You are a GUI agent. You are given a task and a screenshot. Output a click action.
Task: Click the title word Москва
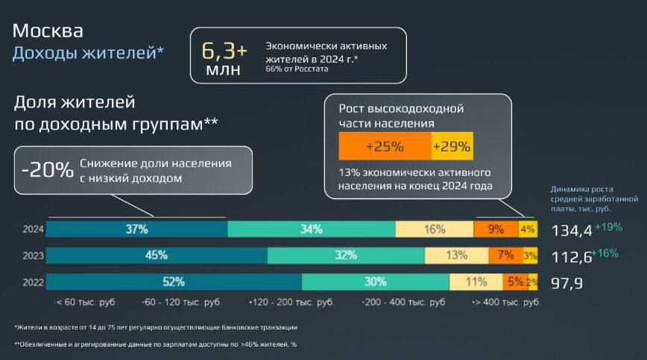(48, 31)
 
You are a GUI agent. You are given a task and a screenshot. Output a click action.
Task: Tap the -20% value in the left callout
(47, 168)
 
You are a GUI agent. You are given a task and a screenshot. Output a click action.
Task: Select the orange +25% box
(385, 145)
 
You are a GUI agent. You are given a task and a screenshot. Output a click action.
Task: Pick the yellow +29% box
(452, 145)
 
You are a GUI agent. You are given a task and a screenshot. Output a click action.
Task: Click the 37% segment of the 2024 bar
(136, 230)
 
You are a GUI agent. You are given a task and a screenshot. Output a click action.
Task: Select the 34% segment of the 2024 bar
(311, 230)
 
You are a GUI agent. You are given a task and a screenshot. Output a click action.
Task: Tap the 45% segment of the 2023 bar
(157, 255)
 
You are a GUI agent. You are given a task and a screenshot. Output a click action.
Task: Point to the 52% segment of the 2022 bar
(174, 282)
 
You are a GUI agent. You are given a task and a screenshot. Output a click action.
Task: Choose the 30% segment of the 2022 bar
(376, 282)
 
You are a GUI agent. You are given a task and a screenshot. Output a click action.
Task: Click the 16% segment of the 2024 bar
(435, 230)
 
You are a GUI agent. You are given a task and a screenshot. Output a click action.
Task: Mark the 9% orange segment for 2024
(496, 230)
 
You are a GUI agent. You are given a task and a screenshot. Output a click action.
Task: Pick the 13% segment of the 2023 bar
(457, 255)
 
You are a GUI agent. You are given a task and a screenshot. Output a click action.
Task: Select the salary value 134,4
(572, 231)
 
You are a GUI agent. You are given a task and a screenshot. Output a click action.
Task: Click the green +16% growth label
(605, 253)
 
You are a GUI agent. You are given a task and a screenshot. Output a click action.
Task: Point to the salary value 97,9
(566, 282)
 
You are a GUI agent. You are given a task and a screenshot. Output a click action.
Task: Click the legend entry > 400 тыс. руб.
(508, 303)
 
